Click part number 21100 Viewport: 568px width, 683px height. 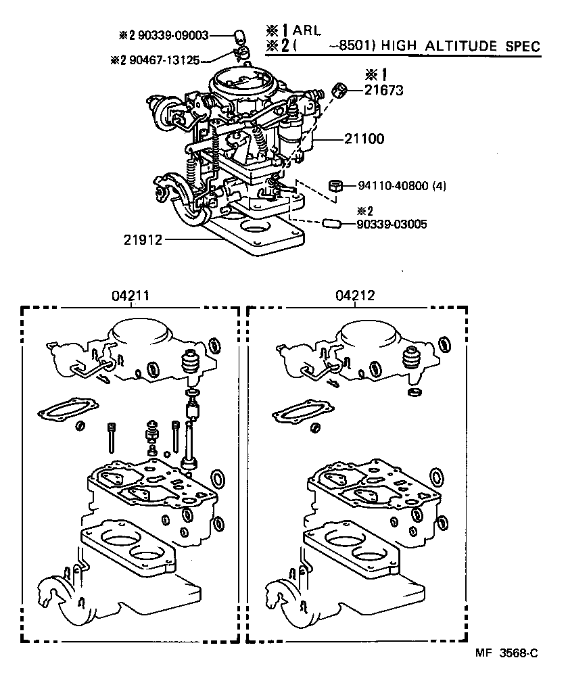[364, 139]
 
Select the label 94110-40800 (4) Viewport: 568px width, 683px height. [402, 185]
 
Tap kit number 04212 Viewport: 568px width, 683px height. [354, 296]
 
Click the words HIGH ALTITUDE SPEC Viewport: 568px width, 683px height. [460, 46]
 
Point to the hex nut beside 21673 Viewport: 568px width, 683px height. [341, 89]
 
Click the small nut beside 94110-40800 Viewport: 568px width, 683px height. [335, 185]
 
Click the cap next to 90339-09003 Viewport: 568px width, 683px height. [239, 34]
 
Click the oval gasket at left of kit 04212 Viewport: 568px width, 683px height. [301, 412]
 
